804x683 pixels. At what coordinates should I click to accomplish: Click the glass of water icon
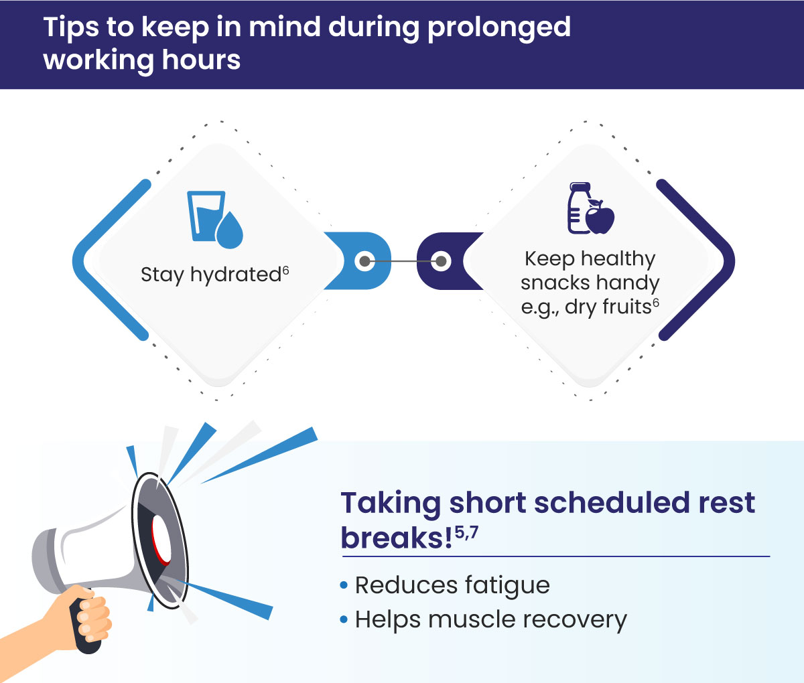tap(204, 214)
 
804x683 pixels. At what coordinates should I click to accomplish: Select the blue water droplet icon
tap(230, 230)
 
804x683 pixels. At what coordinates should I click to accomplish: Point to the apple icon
tap(600, 217)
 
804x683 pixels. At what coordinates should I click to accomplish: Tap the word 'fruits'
tap(626, 307)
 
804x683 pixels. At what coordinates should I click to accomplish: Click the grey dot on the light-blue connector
tap(364, 261)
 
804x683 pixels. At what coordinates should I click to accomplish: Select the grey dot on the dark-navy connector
tap(441, 261)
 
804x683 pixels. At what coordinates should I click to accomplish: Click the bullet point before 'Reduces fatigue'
tap(344, 586)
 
